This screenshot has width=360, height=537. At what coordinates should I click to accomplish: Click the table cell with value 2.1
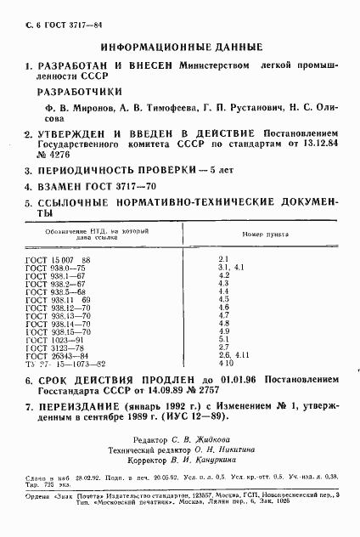pyautogui.click(x=224, y=258)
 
